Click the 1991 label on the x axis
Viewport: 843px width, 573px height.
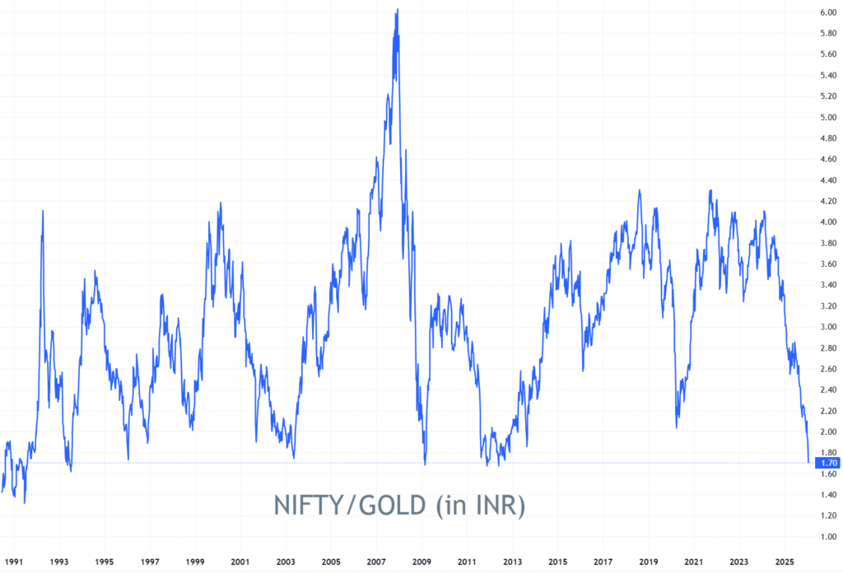pos(14,562)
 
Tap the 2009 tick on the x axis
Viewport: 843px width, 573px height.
pos(421,562)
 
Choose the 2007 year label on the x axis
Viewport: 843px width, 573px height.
pos(376,562)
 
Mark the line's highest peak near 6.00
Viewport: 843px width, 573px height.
pos(398,10)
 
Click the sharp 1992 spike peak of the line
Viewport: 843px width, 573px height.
pos(43,212)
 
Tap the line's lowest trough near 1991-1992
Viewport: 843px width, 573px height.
pos(25,502)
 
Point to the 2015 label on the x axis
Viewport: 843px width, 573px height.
pos(558,562)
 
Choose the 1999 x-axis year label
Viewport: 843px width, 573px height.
pos(195,562)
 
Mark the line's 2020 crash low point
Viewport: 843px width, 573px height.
pos(677,427)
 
